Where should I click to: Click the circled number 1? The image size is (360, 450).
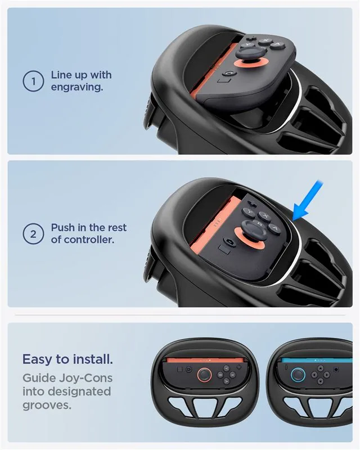pyautogui.click(x=33, y=81)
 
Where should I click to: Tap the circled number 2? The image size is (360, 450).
pyautogui.click(x=33, y=234)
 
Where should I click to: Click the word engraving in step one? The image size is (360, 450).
pyautogui.click(x=77, y=87)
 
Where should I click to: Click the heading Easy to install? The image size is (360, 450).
pyautogui.click(x=67, y=359)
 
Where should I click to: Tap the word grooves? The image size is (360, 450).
pyautogui.click(x=47, y=406)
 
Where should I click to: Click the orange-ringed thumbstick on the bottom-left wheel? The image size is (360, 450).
pyautogui.click(x=204, y=375)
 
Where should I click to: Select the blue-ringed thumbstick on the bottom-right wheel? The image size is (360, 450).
pyautogui.click(x=298, y=375)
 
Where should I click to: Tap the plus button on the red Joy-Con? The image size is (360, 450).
pyautogui.click(x=238, y=367)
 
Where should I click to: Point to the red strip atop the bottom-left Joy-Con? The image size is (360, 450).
pyautogui.click(x=206, y=360)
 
